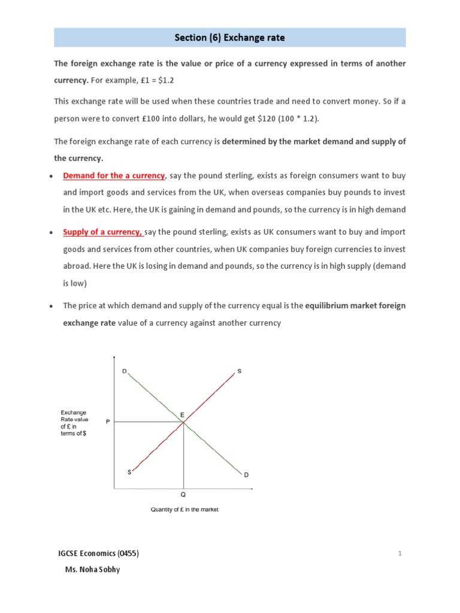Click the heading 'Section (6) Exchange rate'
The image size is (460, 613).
pos(230,38)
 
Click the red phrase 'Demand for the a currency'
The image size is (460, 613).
pos(114,175)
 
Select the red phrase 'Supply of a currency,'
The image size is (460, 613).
pos(102,232)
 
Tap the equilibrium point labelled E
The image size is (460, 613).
pos(183,422)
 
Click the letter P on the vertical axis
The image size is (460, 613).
pos(108,422)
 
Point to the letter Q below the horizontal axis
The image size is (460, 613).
pos(183,496)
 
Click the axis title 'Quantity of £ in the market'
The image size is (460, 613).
pos(184,510)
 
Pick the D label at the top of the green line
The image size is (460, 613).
pos(125,371)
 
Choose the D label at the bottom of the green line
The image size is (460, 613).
pos(246,475)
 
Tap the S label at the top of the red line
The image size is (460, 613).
pos(240,371)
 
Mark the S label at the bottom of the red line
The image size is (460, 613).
pos(129,472)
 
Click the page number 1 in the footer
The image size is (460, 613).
pos(400,554)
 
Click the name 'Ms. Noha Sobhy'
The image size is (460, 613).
pos(92,569)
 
